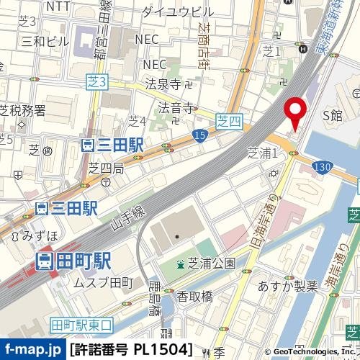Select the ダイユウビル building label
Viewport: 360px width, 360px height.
coord(177,12)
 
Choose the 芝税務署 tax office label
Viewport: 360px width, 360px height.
coord(22,110)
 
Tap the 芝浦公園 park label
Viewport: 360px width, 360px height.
coord(206,264)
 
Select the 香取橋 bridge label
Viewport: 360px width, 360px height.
coord(195,296)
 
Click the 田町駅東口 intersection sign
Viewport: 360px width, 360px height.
coord(82,325)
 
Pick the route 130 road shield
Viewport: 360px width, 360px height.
coord(323,166)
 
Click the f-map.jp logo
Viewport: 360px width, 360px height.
coord(32,350)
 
